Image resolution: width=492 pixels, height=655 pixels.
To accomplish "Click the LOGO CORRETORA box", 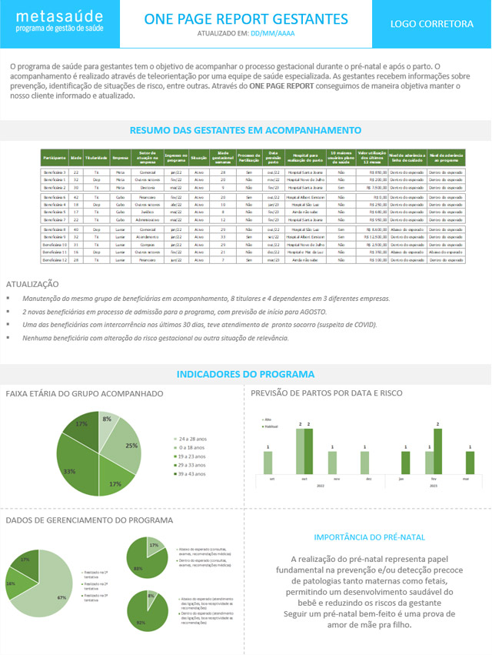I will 432,24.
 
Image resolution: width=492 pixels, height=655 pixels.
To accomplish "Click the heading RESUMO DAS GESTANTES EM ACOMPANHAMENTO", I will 245,131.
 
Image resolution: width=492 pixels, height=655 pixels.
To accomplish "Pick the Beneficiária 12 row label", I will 55,260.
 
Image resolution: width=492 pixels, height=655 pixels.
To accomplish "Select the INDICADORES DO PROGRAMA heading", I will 245,374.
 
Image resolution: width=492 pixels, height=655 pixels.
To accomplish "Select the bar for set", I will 268,463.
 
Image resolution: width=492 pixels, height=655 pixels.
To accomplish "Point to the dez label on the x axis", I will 369,478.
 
